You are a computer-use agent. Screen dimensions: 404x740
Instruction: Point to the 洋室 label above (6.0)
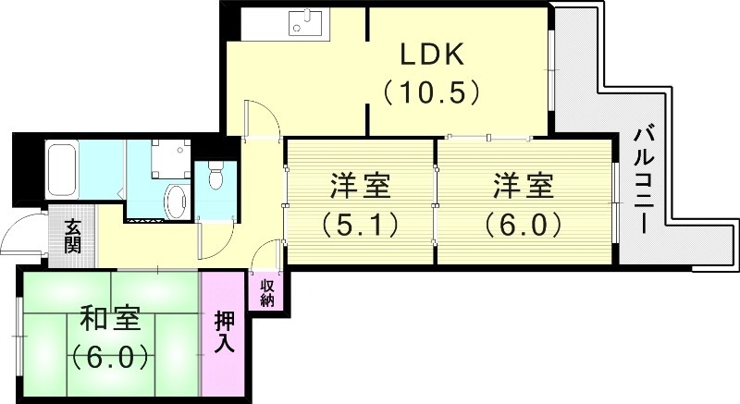524,186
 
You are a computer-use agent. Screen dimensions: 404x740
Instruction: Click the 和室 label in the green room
109,319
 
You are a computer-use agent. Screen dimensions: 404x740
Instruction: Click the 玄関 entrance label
72,237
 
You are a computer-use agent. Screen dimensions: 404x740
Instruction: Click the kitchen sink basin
304,24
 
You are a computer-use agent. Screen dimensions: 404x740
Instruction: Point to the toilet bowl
216,176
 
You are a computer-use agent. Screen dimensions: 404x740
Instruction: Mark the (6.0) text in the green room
109,356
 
